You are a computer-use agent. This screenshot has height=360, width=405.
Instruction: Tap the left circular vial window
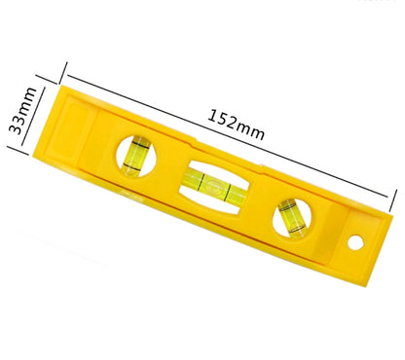137,155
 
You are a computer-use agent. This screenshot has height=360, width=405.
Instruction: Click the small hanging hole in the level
354,240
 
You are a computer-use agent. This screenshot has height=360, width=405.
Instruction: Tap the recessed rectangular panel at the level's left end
74,127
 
